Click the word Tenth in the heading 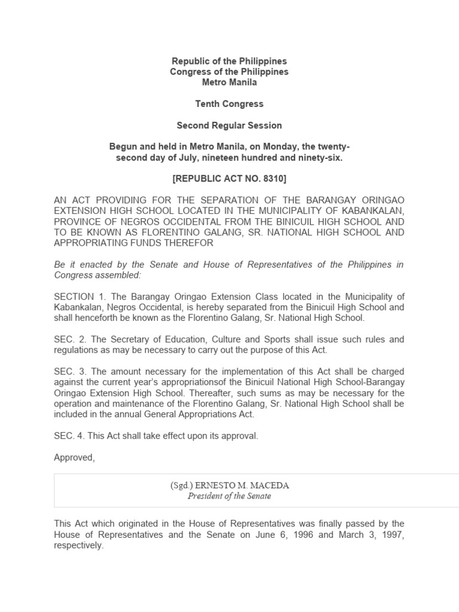pos(207,104)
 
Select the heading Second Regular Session pos(229,126)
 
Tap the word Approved pos(74,458)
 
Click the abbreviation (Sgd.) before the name pos(180,485)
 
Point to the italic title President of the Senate pos(229,496)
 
